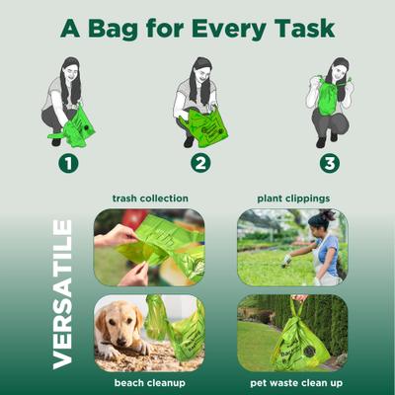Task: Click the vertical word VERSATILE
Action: coord(63,294)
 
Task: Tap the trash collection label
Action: coord(150,197)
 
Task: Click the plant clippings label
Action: coord(293,197)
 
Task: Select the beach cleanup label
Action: coord(150,381)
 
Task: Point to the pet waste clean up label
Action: coord(293,381)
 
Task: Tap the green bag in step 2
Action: coord(210,127)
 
